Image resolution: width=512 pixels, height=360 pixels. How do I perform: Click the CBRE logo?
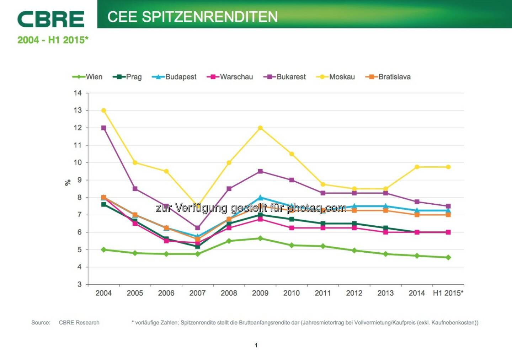pyautogui.click(x=50, y=19)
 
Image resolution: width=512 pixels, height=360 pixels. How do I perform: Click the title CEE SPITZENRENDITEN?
pyautogui.click(x=192, y=17)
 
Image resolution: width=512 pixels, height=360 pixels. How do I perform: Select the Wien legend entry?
pyautogui.click(x=87, y=77)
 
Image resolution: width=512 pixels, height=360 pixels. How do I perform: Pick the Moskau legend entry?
pyautogui.click(x=336, y=77)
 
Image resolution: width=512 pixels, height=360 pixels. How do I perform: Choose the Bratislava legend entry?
pyautogui.click(x=388, y=77)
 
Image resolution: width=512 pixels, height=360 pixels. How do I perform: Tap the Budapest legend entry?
pyautogui.click(x=174, y=77)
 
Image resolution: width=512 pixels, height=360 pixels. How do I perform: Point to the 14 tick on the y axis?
pyautogui.click(x=78, y=93)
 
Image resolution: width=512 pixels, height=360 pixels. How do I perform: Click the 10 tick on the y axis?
pyautogui.click(x=78, y=162)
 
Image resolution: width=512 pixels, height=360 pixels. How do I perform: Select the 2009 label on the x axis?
pyautogui.click(x=260, y=293)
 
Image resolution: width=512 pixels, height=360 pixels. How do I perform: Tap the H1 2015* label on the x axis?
pyautogui.click(x=448, y=293)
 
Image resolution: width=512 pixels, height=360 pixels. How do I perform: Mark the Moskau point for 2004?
pyautogui.click(x=103, y=111)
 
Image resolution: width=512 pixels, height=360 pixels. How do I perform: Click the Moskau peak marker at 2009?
pyautogui.click(x=260, y=128)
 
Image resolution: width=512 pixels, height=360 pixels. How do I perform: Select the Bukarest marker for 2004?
pyautogui.click(x=103, y=128)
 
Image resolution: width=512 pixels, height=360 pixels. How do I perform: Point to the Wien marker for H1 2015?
pyautogui.click(x=448, y=257)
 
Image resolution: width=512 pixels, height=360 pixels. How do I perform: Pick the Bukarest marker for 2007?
pyautogui.click(x=198, y=228)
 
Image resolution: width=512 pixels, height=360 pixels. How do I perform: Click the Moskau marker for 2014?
pyautogui.click(x=417, y=167)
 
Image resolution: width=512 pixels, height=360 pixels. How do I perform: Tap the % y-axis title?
pyautogui.click(x=68, y=182)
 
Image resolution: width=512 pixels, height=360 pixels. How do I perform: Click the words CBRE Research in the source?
pyautogui.click(x=79, y=323)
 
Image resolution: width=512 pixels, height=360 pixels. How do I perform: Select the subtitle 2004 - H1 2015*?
pyautogui.click(x=53, y=40)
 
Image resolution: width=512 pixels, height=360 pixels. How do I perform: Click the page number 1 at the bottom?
pyautogui.click(x=256, y=345)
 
